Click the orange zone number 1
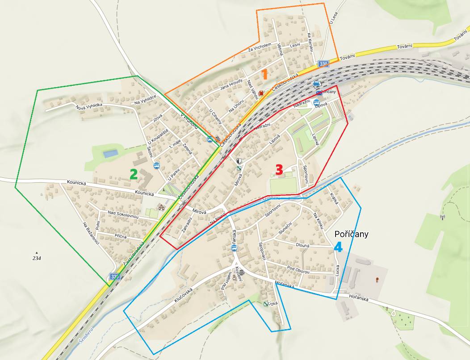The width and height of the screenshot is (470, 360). click(x=264, y=74)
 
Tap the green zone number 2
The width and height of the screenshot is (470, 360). click(x=133, y=174)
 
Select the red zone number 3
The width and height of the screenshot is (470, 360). click(x=279, y=170)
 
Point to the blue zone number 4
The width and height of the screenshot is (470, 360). click(x=338, y=247)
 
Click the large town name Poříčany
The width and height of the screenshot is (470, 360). click(x=351, y=234)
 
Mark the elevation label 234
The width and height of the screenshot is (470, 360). click(x=37, y=258)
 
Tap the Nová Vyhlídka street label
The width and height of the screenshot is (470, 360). click(x=89, y=106)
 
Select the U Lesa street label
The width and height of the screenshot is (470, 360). click(x=332, y=18)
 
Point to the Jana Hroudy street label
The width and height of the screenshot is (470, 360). click(x=231, y=85)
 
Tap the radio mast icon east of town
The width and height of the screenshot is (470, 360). click(x=443, y=218)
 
